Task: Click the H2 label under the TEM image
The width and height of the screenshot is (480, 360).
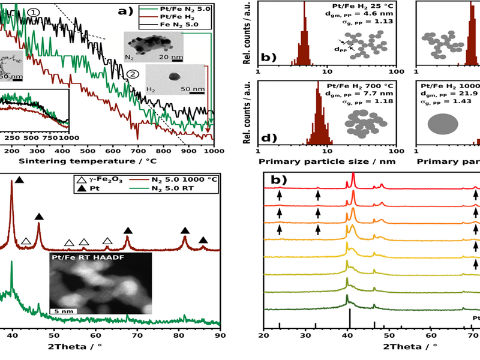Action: point(152,88)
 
